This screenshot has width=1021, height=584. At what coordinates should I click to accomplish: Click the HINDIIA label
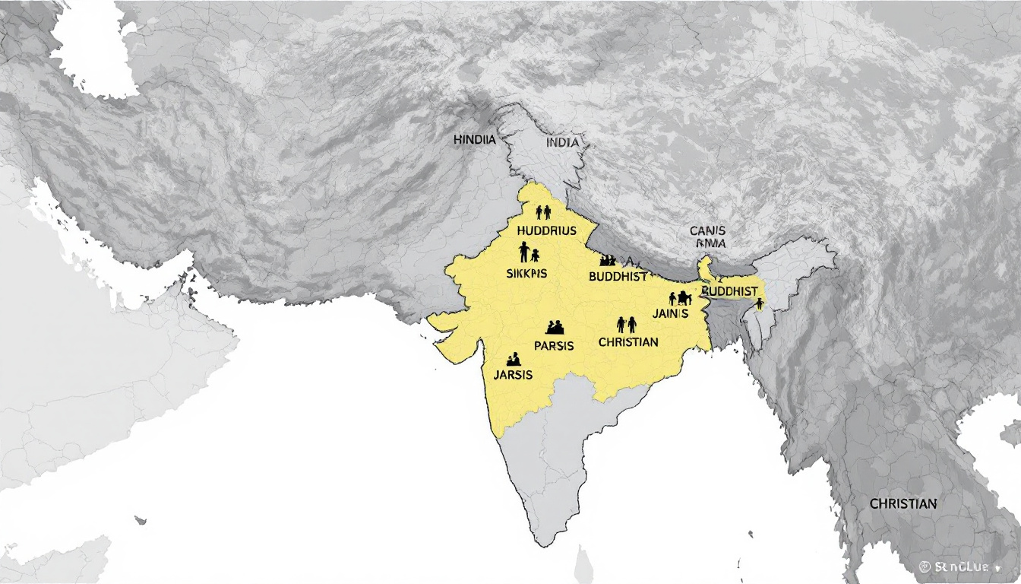pyautogui.click(x=475, y=140)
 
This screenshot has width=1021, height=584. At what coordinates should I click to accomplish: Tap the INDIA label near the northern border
pyautogui.click(x=562, y=142)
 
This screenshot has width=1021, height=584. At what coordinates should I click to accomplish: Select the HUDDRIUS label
pyautogui.click(x=546, y=230)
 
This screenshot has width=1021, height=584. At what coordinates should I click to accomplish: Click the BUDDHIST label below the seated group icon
pyautogui.click(x=618, y=276)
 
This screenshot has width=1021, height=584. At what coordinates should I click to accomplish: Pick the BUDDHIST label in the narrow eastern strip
pyautogui.click(x=730, y=291)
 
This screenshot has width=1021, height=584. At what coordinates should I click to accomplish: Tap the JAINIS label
pyautogui.click(x=670, y=313)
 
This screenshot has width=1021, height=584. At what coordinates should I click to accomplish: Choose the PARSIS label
pyautogui.click(x=554, y=345)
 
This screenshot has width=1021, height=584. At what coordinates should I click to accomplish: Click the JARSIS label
pyautogui.click(x=513, y=375)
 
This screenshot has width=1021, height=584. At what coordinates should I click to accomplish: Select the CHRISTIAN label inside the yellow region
pyautogui.click(x=628, y=342)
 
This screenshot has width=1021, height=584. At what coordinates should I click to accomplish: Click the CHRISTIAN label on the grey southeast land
pyautogui.click(x=903, y=503)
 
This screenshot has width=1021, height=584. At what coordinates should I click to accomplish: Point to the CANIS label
pyautogui.click(x=708, y=230)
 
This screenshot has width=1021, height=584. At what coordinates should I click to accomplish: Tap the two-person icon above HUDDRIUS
pyautogui.click(x=543, y=212)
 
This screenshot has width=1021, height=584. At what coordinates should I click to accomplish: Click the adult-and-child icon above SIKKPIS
pyautogui.click(x=529, y=252)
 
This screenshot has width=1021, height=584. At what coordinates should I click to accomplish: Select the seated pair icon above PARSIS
pyautogui.click(x=555, y=328)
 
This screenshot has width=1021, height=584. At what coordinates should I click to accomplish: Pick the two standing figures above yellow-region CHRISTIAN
pyautogui.click(x=627, y=325)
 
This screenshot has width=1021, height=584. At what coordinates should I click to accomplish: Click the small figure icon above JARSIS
pyautogui.click(x=513, y=357)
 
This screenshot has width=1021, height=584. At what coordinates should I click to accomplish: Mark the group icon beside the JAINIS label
pyautogui.click(x=679, y=298)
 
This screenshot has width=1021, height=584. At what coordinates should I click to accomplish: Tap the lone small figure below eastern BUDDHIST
pyautogui.click(x=759, y=303)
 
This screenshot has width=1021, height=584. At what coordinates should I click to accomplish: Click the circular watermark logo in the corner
pyautogui.click(x=925, y=567)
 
